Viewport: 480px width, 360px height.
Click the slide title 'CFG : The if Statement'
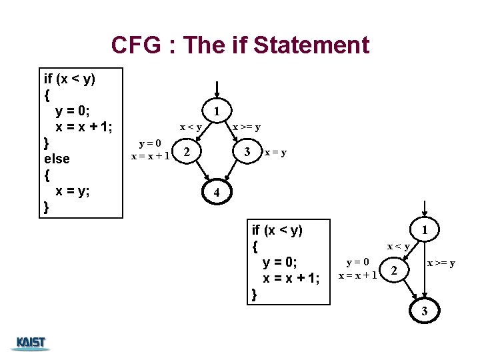point(240,45)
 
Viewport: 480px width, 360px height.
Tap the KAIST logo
point(31,343)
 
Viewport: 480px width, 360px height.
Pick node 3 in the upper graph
point(247,152)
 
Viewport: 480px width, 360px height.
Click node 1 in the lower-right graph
point(424,230)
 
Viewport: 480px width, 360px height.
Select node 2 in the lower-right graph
point(394,271)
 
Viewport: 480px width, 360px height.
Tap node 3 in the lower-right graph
point(424,311)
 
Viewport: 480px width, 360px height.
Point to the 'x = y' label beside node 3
point(275,152)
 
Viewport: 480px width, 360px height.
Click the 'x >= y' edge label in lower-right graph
point(441,263)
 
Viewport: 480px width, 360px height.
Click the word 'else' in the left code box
point(57,159)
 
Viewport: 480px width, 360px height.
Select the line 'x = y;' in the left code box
point(73,191)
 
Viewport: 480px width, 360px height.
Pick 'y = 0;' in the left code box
point(75,111)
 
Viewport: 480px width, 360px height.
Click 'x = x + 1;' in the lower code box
point(291,277)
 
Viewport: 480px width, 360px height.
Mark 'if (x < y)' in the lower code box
point(277,231)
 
